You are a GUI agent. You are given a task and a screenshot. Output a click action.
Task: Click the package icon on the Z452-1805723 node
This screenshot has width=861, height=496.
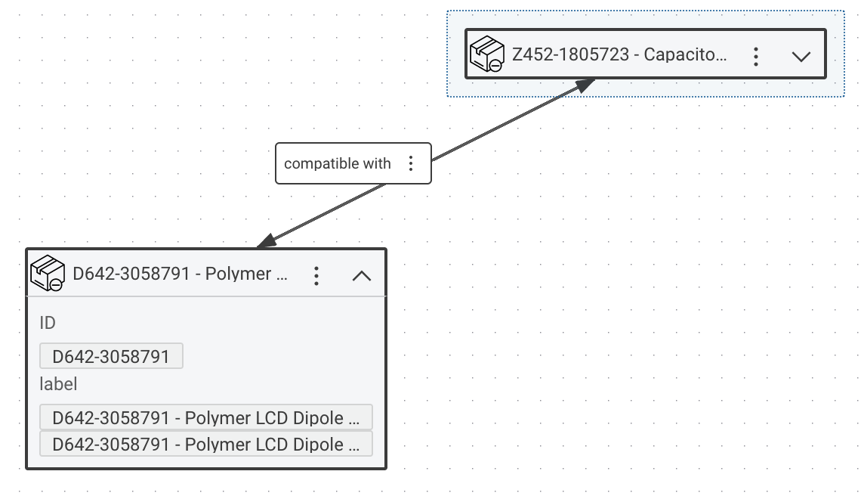click(x=486, y=54)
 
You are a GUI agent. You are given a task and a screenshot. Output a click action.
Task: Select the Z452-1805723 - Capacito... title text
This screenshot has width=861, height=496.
click(x=619, y=55)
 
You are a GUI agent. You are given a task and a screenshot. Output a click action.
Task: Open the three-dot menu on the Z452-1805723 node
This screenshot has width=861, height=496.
click(x=755, y=56)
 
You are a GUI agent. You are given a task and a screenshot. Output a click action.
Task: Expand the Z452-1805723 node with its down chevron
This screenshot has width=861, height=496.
click(x=801, y=56)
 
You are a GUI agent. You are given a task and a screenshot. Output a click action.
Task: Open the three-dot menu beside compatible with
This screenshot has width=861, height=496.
click(x=411, y=163)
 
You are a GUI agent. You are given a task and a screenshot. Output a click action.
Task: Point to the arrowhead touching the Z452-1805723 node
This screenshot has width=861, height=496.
click(x=585, y=84)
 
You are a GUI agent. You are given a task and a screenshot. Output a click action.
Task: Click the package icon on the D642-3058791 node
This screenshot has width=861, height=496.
click(x=47, y=274)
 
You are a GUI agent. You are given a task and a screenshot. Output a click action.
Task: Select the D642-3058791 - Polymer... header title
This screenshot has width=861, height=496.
click(x=181, y=274)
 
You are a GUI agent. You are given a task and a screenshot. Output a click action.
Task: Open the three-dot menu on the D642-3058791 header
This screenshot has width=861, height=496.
click(x=316, y=275)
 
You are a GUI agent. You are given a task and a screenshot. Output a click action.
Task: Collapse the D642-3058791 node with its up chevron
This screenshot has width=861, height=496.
click(x=362, y=275)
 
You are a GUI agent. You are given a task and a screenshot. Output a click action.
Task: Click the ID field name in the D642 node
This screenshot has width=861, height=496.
click(x=48, y=323)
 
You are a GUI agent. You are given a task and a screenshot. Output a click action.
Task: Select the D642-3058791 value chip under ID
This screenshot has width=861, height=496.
click(x=111, y=357)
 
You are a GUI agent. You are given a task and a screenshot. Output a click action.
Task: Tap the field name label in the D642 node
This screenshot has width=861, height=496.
click(x=58, y=384)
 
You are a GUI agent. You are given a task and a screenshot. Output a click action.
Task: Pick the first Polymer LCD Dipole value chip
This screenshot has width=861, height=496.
click(x=206, y=418)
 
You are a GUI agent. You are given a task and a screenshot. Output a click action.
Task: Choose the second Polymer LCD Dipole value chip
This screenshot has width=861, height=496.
click(x=206, y=445)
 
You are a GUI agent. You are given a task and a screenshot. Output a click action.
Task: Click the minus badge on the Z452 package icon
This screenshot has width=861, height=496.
click(x=495, y=66)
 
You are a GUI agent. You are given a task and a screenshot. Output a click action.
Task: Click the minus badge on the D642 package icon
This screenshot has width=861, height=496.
click(x=56, y=285)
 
